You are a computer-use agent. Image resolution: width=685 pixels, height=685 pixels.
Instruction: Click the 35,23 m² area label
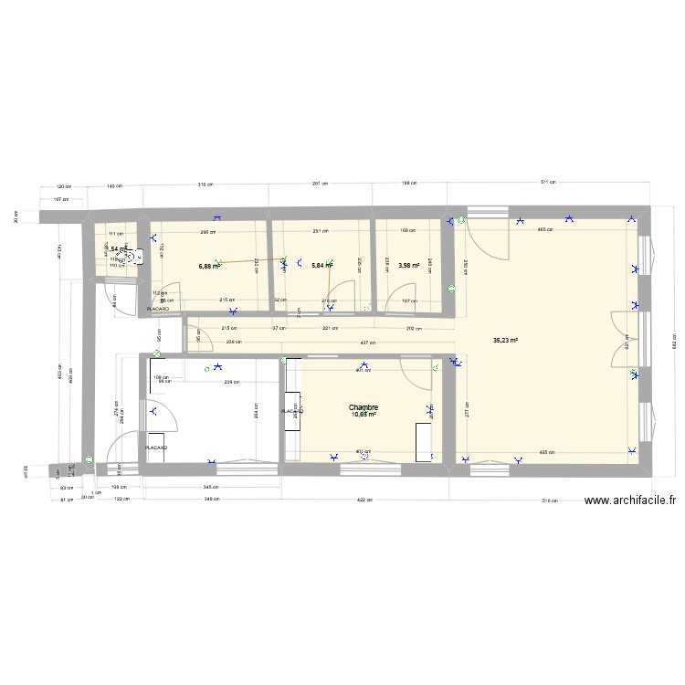pyautogui.click(x=505, y=340)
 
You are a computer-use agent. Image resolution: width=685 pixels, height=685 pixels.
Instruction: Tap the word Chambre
pyautogui.click(x=363, y=407)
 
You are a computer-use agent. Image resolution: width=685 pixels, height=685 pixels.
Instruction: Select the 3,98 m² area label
pyautogui.click(x=409, y=266)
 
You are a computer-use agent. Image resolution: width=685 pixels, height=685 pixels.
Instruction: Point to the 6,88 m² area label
pyautogui.click(x=209, y=267)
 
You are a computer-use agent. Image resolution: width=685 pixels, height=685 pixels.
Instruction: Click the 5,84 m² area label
pyautogui.click(x=322, y=266)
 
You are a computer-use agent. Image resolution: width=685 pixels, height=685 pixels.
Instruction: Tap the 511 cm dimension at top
pyautogui.click(x=547, y=183)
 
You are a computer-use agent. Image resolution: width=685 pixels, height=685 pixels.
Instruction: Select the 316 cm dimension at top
pyautogui.click(x=207, y=184)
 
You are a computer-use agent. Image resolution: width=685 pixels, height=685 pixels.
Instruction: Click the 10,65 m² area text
pyautogui.click(x=363, y=415)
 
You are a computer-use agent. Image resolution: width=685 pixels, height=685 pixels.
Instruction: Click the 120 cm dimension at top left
pyautogui.click(x=63, y=186)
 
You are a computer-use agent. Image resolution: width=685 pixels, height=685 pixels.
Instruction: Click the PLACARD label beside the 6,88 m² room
pyautogui.click(x=158, y=310)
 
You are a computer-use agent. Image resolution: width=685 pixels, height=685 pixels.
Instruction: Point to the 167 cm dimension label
pyautogui.click(x=409, y=300)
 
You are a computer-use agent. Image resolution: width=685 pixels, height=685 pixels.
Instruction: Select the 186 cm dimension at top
pyautogui.click(x=411, y=183)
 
